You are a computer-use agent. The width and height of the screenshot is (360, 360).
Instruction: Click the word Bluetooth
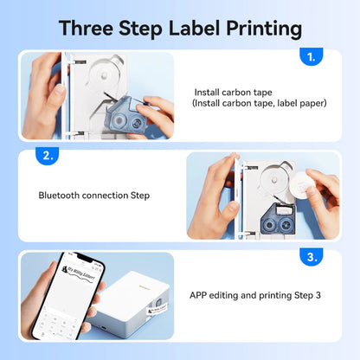[x=62, y=196]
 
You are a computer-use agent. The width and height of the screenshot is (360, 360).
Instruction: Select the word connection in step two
[x=110, y=196]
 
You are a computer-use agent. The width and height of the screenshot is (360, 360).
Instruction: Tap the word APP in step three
[x=199, y=295]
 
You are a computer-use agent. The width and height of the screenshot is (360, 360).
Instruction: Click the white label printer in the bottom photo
[x=138, y=299]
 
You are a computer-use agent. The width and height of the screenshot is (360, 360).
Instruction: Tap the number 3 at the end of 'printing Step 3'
[x=318, y=295]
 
